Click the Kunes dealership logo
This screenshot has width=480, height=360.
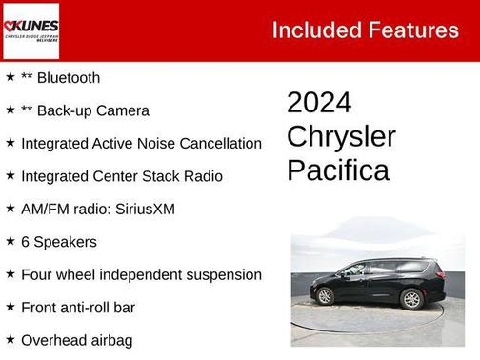(x=30, y=30)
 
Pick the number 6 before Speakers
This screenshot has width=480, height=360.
(x=26, y=242)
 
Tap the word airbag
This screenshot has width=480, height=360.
(x=110, y=340)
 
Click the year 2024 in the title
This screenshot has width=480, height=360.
(x=319, y=103)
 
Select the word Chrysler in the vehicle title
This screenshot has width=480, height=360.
(x=341, y=136)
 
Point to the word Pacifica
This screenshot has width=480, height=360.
(x=338, y=170)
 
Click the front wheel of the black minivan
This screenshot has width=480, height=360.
(x=325, y=297)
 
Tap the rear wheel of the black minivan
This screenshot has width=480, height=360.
(x=411, y=299)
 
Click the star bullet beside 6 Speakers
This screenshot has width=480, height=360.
(x=10, y=241)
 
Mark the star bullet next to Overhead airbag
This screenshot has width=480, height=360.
(x=10, y=339)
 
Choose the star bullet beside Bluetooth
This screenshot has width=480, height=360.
(x=10, y=77)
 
